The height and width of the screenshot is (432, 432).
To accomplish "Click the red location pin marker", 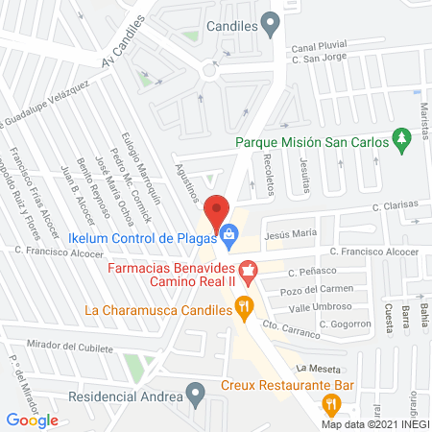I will (x=218, y=212).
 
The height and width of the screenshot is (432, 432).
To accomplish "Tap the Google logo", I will (x=32, y=420).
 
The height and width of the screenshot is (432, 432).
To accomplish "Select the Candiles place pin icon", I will (x=272, y=22).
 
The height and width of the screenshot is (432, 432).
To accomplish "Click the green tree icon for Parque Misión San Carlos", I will (x=402, y=142).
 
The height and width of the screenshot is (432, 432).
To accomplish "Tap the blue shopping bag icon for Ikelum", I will (x=230, y=233).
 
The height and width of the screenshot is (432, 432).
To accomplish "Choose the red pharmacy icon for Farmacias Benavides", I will (x=249, y=271).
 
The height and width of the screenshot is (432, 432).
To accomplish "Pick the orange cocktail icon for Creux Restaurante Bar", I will (x=331, y=402).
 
